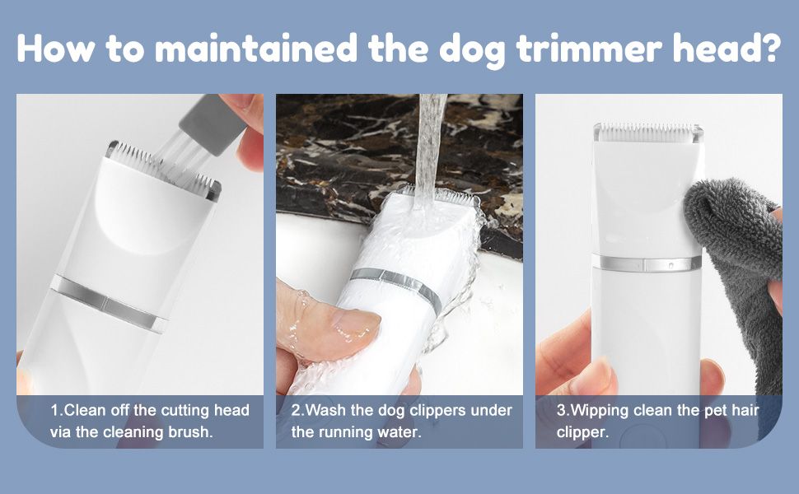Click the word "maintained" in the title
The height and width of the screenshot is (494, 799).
256,49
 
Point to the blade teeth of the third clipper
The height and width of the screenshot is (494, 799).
648,132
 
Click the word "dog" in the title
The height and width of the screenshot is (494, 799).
471,50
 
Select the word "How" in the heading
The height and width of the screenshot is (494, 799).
56,49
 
